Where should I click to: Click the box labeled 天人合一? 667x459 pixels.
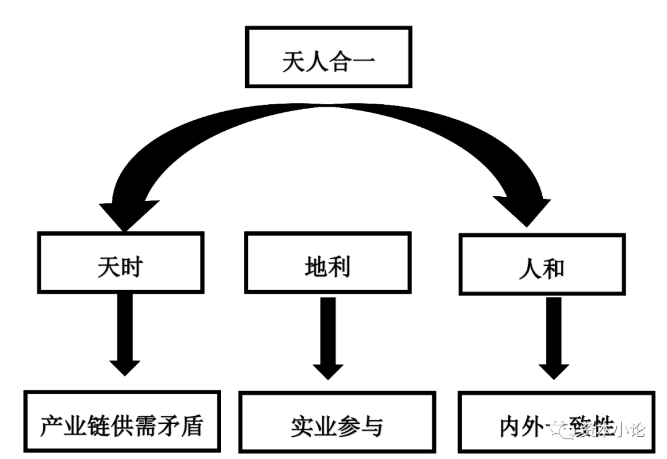pyautogui.click(x=329, y=57)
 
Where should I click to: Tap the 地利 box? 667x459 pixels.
pyautogui.click(x=327, y=262)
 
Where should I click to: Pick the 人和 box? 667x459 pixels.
pyautogui.click(x=541, y=265)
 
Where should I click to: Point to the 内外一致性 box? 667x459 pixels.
pyautogui.click(x=556, y=423)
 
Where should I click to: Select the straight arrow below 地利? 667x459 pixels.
pyautogui.click(x=328, y=336)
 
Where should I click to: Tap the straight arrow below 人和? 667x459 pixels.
pyautogui.click(x=554, y=336)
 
